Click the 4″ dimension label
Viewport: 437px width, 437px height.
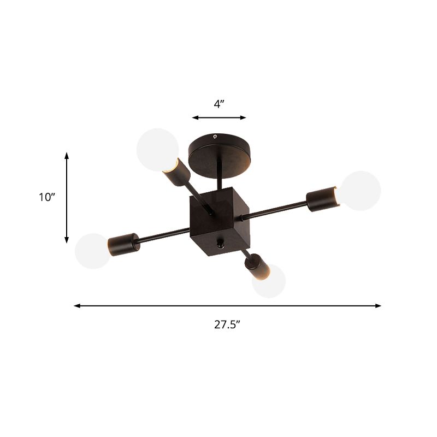(x=219, y=104)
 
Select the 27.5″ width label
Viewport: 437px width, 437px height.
(x=227, y=324)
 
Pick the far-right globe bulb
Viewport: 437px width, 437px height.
(x=361, y=191)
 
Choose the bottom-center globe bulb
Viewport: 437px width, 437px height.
(x=269, y=281)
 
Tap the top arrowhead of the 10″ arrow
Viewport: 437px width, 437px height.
(x=67, y=155)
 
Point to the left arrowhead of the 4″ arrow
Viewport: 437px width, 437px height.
(x=194, y=117)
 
